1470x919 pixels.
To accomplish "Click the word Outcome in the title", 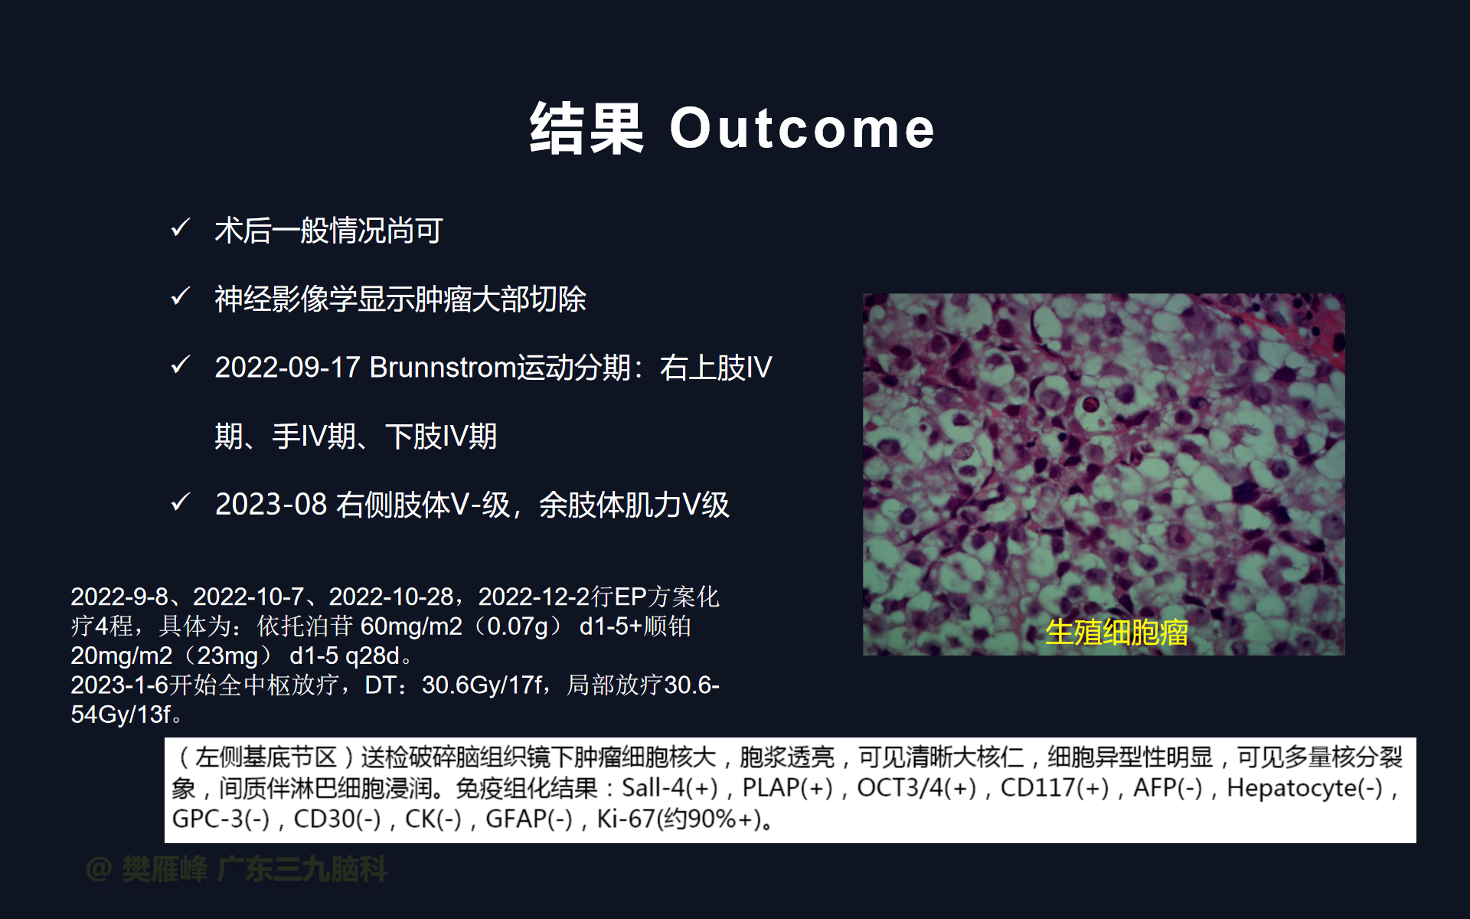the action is [x=802, y=129].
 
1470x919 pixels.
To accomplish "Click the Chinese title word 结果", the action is [x=586, y=129].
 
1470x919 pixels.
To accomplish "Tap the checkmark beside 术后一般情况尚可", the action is [x=181, y=227].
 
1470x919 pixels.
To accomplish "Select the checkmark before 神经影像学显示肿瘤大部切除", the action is [x=181, y=296].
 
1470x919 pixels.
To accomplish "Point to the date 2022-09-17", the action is [x=287, y=368].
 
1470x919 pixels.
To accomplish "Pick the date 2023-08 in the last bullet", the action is [x=271, y=505].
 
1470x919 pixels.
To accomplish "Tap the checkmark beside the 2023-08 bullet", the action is [x=181, y=502].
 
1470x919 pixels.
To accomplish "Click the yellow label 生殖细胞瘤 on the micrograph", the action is [x=1117, y=633].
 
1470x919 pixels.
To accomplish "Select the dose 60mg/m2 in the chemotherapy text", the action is [x=411, y=626].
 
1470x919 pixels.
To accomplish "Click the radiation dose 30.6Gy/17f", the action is [x=482, y=685].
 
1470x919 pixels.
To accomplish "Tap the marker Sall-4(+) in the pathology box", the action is [x=670, y=787].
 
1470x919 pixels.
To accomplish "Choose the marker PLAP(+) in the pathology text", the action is [x=787, y=787].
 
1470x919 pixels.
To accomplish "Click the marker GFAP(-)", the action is [x=529, y=819].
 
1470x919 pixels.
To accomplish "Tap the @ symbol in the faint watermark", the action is [x=99, y=869].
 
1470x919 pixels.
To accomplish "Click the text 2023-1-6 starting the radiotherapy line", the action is [x=119, y=685].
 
